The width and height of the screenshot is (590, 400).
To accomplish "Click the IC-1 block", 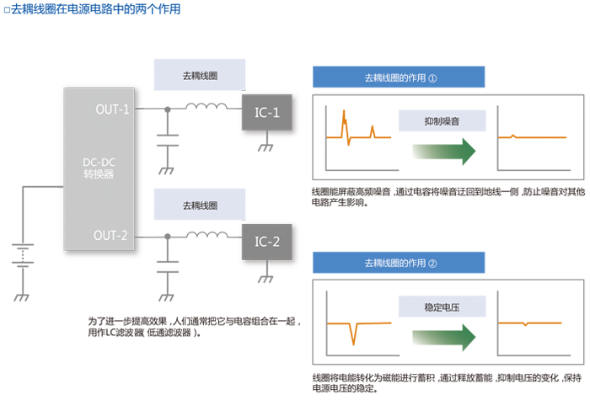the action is tap(267, 112).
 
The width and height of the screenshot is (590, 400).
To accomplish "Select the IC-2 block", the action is tap(267, 242).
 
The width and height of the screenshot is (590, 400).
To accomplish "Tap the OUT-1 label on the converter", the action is tap(112, 109).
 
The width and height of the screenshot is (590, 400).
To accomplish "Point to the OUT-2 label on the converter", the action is tap(110, 235).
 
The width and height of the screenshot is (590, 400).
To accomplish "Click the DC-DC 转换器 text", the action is tap(99, 168).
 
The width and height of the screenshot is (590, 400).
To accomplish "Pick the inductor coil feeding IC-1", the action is tap(206, 106).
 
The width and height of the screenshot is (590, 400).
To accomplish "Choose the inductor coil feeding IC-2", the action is tap(206, 235).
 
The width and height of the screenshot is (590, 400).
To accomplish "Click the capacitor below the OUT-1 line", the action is tap(168, 141).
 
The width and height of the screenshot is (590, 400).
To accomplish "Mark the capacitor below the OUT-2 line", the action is tap(168, 266).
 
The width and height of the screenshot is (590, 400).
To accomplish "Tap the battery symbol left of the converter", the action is tap(23, 255).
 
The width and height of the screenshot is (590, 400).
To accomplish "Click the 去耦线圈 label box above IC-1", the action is tap(200, 75).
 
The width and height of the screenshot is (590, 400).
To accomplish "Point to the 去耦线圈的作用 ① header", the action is tap(399, 77).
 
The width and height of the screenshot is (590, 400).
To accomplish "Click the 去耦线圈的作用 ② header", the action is tap(399, 263).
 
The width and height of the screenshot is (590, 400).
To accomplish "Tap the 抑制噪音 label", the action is tap(442, 121).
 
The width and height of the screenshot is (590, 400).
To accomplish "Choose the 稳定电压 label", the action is tap(442, 307).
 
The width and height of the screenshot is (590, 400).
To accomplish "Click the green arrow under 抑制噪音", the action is tap(444, 152).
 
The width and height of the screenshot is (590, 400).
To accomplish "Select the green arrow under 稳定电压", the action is tap(444, 337).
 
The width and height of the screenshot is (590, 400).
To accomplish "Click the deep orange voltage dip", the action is tap(353, 333).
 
